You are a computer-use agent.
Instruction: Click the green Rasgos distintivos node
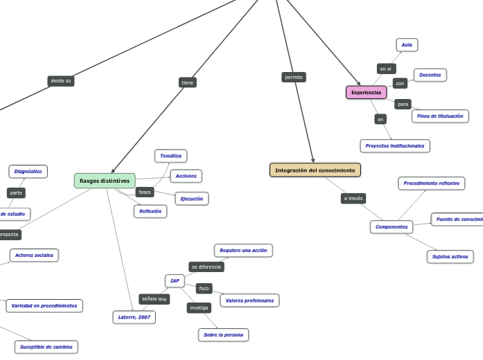pyautogui.click(x=105, y=181)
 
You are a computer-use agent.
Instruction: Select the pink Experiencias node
pyautogui.click(x=366, y=92)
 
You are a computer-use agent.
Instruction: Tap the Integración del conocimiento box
pyautogui.click(x=315, y=170)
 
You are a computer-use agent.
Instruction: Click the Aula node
pyautogui.click(x=407, y=45)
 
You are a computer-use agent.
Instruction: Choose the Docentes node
pyautogui.click(x=430, y=75)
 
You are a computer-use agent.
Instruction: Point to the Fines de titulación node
pyautogui.click(x=440, y=116)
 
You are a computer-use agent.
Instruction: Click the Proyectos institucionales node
pyautogui.click(x=395, y=145)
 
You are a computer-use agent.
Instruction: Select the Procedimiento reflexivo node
pyautogui.click(x=431, y=183)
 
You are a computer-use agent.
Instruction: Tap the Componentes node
pyautogui.click(x=392, y=227)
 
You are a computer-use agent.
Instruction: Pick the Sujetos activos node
pyautogui.click(x=450, y=257)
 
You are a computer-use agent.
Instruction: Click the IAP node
pyautogui.click(x=175, y=280)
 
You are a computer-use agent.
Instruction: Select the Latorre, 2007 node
pyautogui.click(x=134, y=317)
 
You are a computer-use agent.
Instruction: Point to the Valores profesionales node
pyautogui.click(x=249, y=300)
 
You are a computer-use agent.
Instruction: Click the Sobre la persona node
pyautogui.click(x=222, y=335)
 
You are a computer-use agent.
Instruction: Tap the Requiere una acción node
pyautogui.click(x=243, y=250)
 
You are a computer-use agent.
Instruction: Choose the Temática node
pyautogui.click(x=170, y=156)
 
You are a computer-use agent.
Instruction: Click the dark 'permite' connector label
pyautogui.click(x=294, y=77)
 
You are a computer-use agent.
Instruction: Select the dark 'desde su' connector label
pyautogui.click(x=61, y=81)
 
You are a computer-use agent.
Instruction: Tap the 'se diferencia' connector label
pyautogui.click(x=206, y=267)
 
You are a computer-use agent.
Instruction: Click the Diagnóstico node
pyautogui.click(x=28, y=171)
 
